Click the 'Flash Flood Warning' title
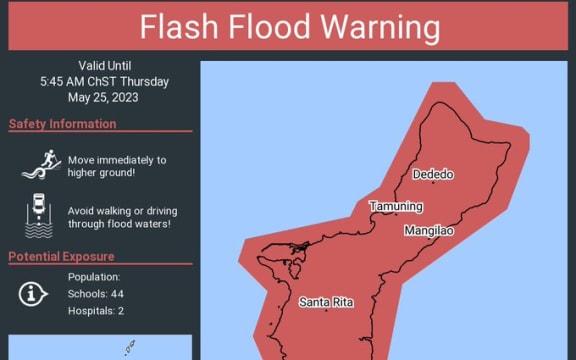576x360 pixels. (x=289, y=27)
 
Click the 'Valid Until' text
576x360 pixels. (x=105, y=65)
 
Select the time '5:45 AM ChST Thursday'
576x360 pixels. (x=105, y=81)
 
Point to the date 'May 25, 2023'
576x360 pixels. (x=105, y=97)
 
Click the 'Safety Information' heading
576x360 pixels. (x=63, y=124)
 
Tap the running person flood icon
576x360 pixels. (x=40, y=165)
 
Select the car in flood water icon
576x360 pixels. (x=38, y=217)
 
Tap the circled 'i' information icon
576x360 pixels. (x=34, y=293)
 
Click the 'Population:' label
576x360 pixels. (x=94, y=277)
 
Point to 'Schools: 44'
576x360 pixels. (x=96, y=294)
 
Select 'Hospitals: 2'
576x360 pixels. (x=96, y=311)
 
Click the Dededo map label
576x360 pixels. (x=433, y=175)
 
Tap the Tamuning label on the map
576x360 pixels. (x=396, y=207)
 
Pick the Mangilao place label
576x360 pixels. (x=429, y=231)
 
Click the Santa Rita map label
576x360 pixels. (x=325, y=302)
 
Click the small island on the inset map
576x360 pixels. (x=129, y=349)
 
